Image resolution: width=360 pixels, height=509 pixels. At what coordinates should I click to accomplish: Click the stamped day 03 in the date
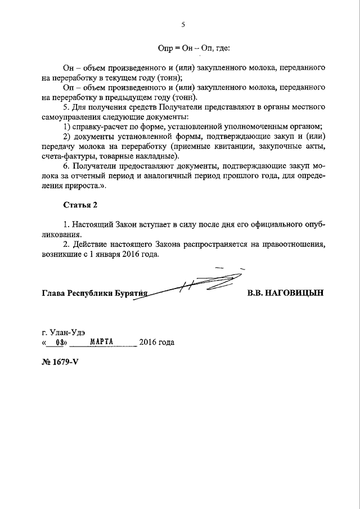point(55,342)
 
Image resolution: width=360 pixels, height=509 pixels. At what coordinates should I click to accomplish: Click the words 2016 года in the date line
point(157,342)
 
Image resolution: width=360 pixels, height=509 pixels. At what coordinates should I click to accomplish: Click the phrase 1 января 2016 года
point(125,254)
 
